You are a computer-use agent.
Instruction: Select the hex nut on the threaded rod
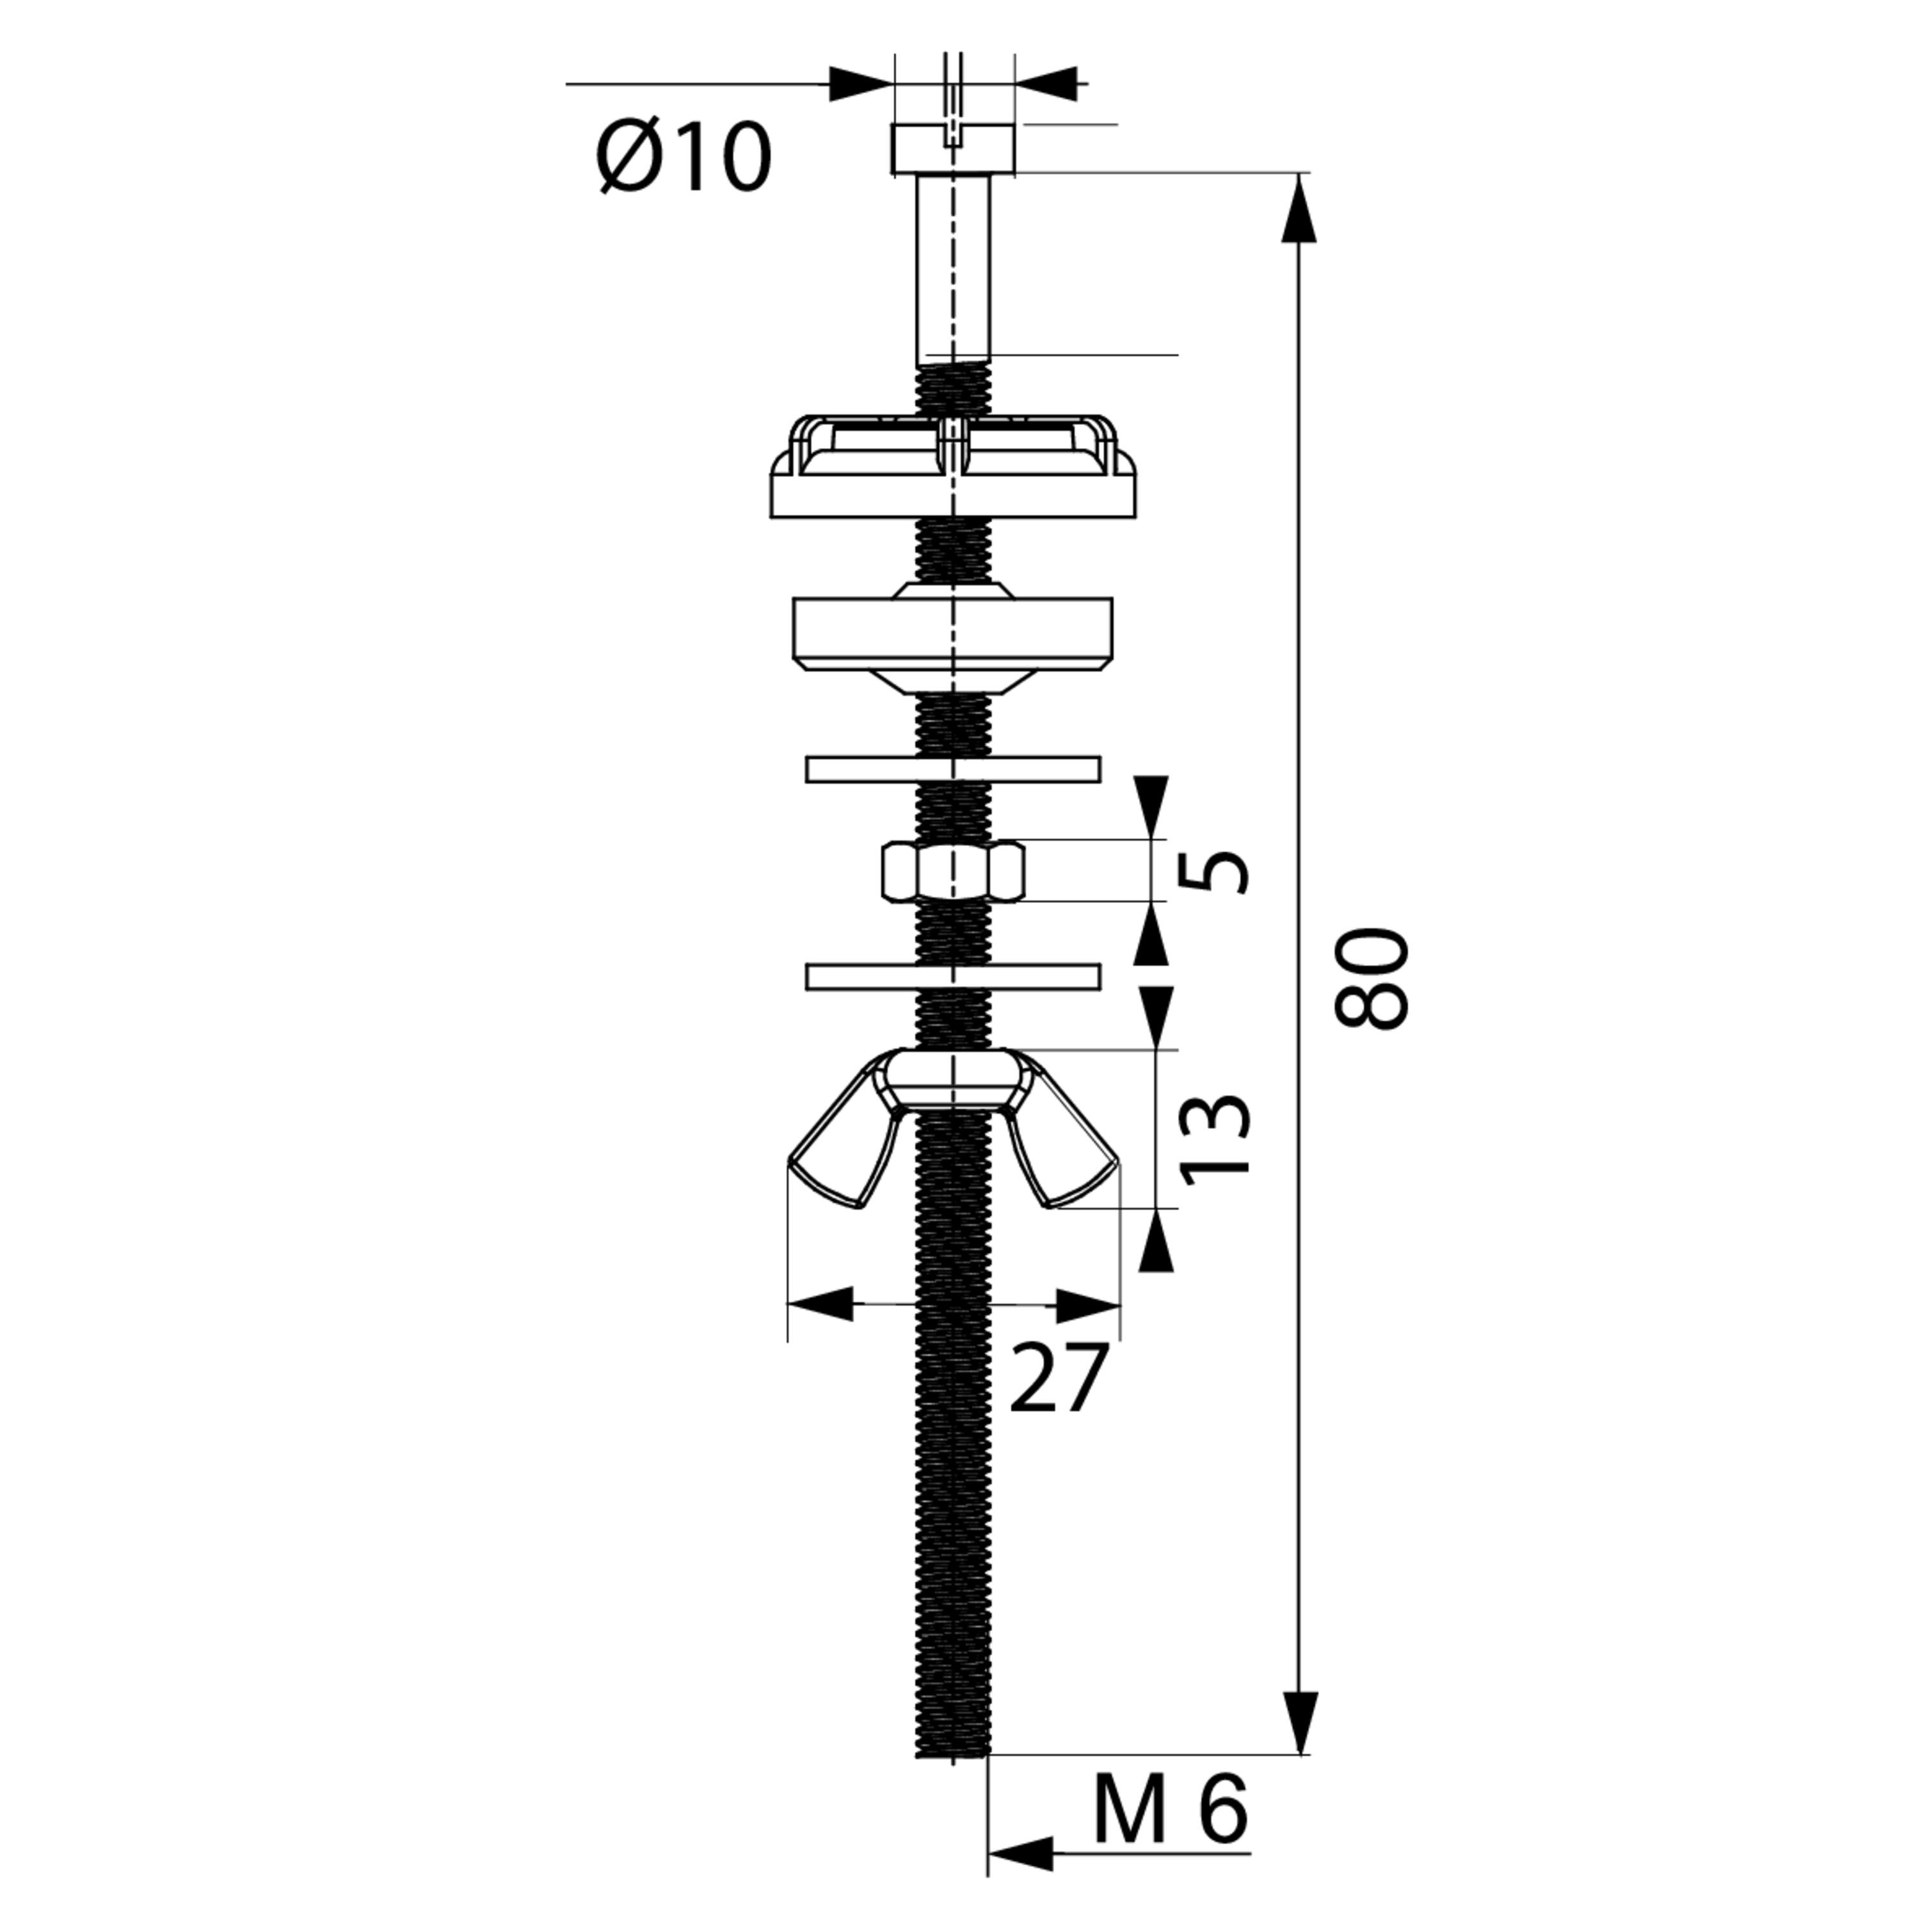[x=953, y=872]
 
